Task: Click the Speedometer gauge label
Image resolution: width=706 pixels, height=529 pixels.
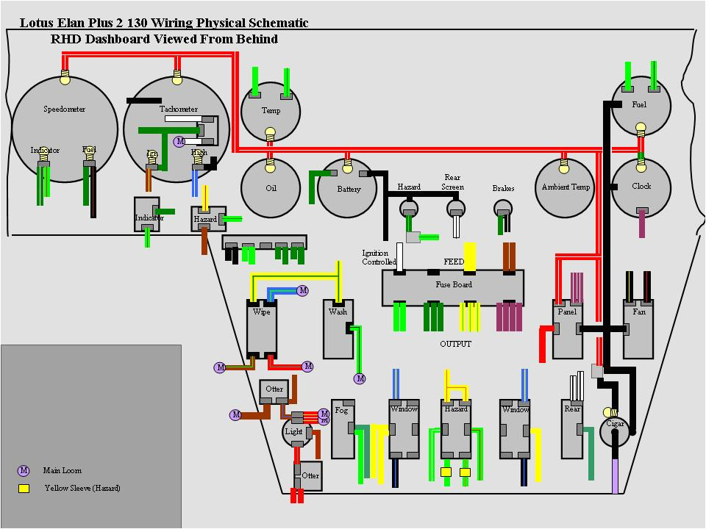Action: click(x=64, y=109)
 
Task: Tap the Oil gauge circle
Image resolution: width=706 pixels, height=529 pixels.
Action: click(x=271, y=188)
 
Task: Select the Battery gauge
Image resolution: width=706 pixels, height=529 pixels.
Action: click(x=349, y=189)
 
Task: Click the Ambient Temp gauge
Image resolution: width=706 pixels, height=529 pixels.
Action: click(x=566, y=187)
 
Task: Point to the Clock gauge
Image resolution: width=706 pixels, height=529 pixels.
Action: click(x=641, y=187)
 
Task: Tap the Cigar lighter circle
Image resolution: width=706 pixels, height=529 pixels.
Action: click(x=615, y=429)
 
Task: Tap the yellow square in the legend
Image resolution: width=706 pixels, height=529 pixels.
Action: click(x=24, y=488)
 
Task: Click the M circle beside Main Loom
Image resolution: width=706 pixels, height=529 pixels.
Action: click(x=24, y=470)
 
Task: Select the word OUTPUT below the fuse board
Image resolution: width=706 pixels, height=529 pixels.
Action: click(x=455, y=344)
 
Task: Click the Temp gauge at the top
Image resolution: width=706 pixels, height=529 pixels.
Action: click(x=271, y=111)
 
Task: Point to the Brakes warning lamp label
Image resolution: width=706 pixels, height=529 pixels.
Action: click(x=503, y=189)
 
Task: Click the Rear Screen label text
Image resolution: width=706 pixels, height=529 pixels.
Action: click(x=452, y=182)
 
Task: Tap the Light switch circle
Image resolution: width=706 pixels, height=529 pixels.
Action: click(x=294, y=431)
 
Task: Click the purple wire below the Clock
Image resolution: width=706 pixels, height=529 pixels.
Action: click(x=642, y=223)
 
